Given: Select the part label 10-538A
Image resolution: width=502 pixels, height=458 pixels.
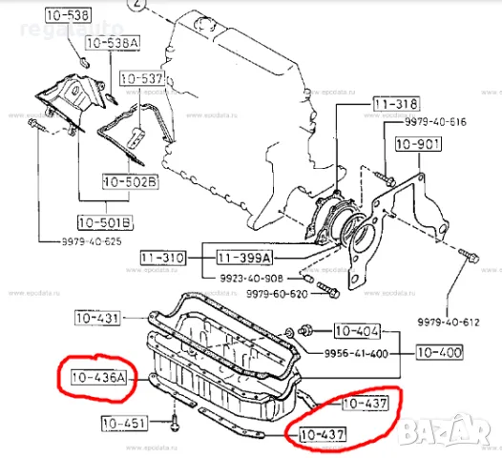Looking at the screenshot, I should pos(112,43).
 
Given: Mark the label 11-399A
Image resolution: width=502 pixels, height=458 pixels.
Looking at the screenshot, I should pos(241,259).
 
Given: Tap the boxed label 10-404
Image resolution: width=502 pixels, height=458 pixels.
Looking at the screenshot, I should pos(356,332).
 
